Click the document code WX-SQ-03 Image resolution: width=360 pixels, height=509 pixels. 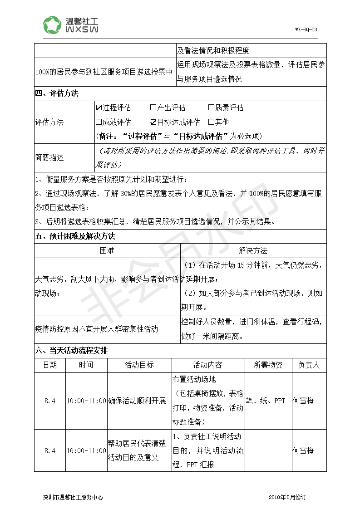306,29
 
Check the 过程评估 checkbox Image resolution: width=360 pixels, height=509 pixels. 99,108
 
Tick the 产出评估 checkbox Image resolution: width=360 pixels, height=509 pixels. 153,108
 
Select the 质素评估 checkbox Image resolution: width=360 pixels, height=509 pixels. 211,108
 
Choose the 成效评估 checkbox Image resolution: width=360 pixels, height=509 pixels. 99,122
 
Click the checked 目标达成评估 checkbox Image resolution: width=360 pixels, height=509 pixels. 153,122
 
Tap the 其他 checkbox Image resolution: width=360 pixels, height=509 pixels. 211,122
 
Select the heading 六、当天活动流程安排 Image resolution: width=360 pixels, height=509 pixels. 71,351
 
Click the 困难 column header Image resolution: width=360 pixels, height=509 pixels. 107,250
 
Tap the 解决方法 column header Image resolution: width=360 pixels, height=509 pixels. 253,250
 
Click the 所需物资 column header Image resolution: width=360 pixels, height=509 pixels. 268,365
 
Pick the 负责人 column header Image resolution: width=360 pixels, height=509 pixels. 309,365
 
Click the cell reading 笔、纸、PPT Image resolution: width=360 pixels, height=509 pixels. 266,401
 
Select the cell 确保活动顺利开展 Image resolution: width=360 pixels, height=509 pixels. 137,401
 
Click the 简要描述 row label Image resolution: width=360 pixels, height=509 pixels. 49,158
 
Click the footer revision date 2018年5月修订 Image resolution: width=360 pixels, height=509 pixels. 287,497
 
